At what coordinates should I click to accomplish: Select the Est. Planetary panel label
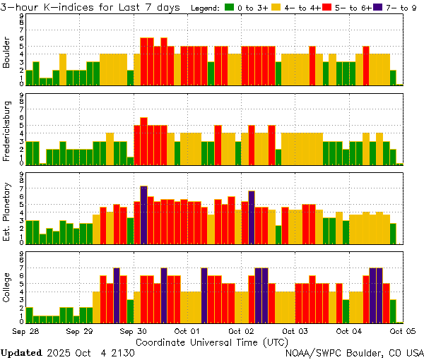7,211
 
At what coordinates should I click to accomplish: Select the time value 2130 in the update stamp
143,352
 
